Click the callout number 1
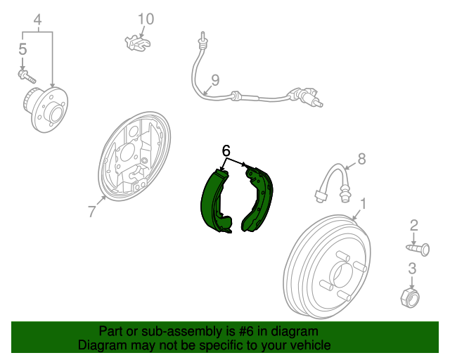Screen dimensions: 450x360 (363, 204)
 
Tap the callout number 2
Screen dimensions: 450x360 (414, 226)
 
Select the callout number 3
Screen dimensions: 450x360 (412, 269)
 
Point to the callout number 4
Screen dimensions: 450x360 (37, 20)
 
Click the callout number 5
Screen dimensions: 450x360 (22, 49)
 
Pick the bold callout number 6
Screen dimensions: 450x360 (226, 150)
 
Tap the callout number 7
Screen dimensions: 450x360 (91, 212)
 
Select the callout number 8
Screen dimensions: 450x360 (361, 159)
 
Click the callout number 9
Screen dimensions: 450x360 (215, 80)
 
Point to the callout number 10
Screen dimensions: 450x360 (146, 19)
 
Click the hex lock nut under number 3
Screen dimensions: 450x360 (410, 297)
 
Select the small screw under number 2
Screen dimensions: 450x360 (418, 249)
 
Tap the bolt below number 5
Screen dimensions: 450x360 (27, 75)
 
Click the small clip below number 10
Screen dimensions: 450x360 (138, 43)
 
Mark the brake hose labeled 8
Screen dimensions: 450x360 (333, 183)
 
